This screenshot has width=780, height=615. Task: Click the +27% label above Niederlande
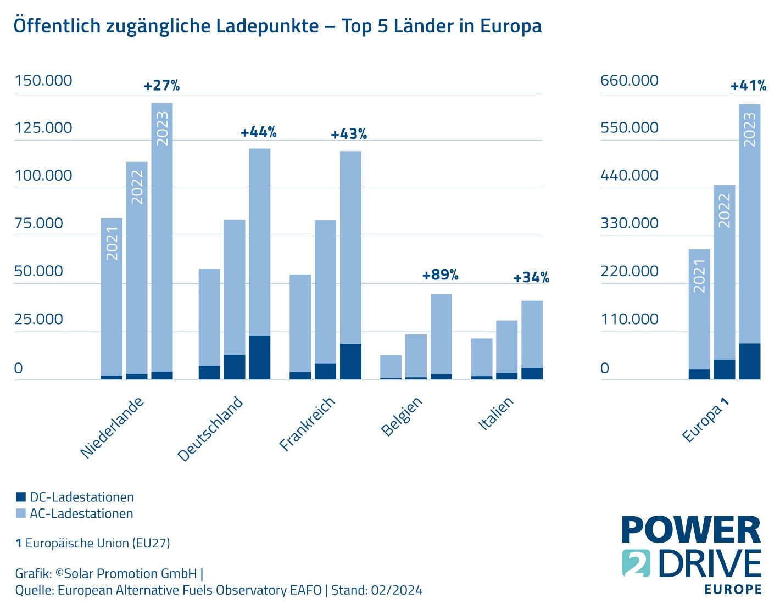161,86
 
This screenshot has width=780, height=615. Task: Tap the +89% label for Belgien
440,275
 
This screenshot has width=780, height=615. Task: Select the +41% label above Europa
748,86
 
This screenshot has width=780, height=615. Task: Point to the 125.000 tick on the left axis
43,128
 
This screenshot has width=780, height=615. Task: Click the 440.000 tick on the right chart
629,176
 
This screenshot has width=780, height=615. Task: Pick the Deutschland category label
210,428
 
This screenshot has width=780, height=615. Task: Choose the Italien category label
496,413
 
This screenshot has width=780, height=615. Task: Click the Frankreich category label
307,423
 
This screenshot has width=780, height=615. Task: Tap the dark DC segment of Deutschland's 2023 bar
259,357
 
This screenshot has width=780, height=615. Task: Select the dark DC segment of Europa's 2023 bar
749,361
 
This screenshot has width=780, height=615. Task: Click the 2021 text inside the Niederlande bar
112,243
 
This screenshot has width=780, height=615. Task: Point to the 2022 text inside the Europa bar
725,210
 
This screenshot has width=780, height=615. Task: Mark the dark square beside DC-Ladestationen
21,497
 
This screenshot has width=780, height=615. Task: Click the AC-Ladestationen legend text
81,514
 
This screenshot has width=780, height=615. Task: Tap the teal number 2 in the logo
636,563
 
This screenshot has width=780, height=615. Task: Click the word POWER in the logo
690,530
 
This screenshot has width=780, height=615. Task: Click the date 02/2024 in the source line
397,590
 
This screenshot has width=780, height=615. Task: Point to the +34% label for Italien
531,278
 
